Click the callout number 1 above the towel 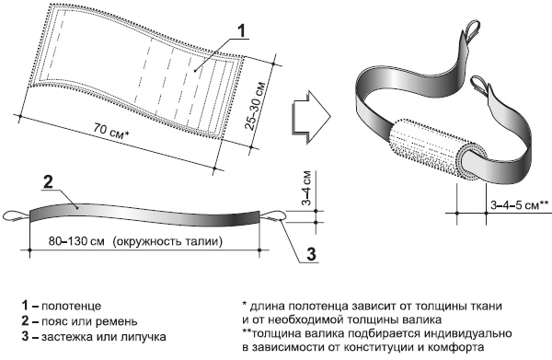241,30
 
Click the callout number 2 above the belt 48,182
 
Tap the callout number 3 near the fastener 311,254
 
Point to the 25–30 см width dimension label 255,106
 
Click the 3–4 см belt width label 307,188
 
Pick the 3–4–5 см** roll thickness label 520,205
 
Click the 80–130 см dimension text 76,241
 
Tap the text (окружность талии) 167,242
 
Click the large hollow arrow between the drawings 311,117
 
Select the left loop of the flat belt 17,216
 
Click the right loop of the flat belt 272,215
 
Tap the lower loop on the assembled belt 480,86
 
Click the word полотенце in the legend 71,306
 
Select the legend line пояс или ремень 79,321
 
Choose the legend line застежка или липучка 94,337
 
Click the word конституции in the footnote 379,347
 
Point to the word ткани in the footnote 486,306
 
